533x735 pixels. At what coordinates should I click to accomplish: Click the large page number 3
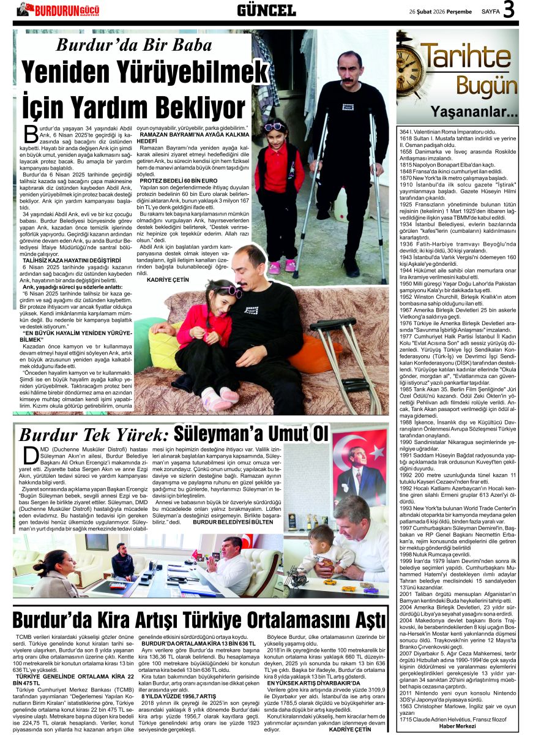509,10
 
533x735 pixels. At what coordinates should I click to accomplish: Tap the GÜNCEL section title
266,10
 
